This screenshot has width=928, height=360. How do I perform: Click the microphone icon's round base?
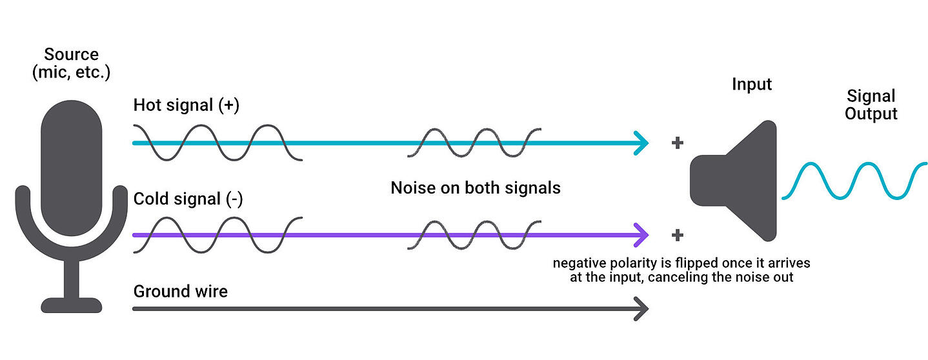tap(72, 305)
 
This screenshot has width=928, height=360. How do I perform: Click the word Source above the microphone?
tap(72, 54)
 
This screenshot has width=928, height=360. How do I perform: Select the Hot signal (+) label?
tap(186, 106)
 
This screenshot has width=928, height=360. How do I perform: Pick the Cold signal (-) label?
tap(188, 199)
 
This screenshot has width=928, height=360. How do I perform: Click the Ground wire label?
tap(180, 291)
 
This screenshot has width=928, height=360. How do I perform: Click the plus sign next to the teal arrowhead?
tap(677, 143)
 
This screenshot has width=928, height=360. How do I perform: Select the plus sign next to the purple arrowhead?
tap(677, 235)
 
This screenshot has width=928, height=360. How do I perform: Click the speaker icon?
tap(736, 181)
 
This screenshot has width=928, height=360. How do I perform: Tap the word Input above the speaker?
tap(752, 85)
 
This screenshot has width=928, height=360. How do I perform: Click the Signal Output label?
tap(871, 105)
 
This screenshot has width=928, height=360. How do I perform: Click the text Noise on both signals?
tap(476, 188)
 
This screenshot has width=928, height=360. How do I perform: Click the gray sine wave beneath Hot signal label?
tap(217, 143)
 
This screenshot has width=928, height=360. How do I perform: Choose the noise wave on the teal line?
tap(474, 143)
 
